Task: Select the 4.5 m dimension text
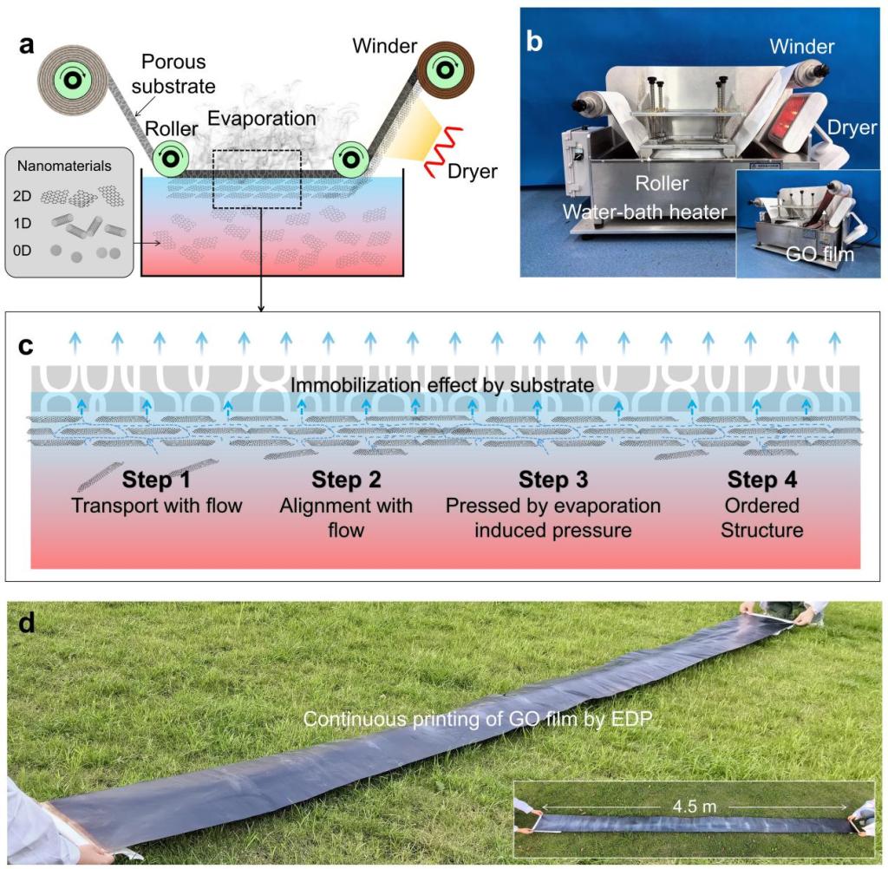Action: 695,806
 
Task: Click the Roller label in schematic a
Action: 171,128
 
